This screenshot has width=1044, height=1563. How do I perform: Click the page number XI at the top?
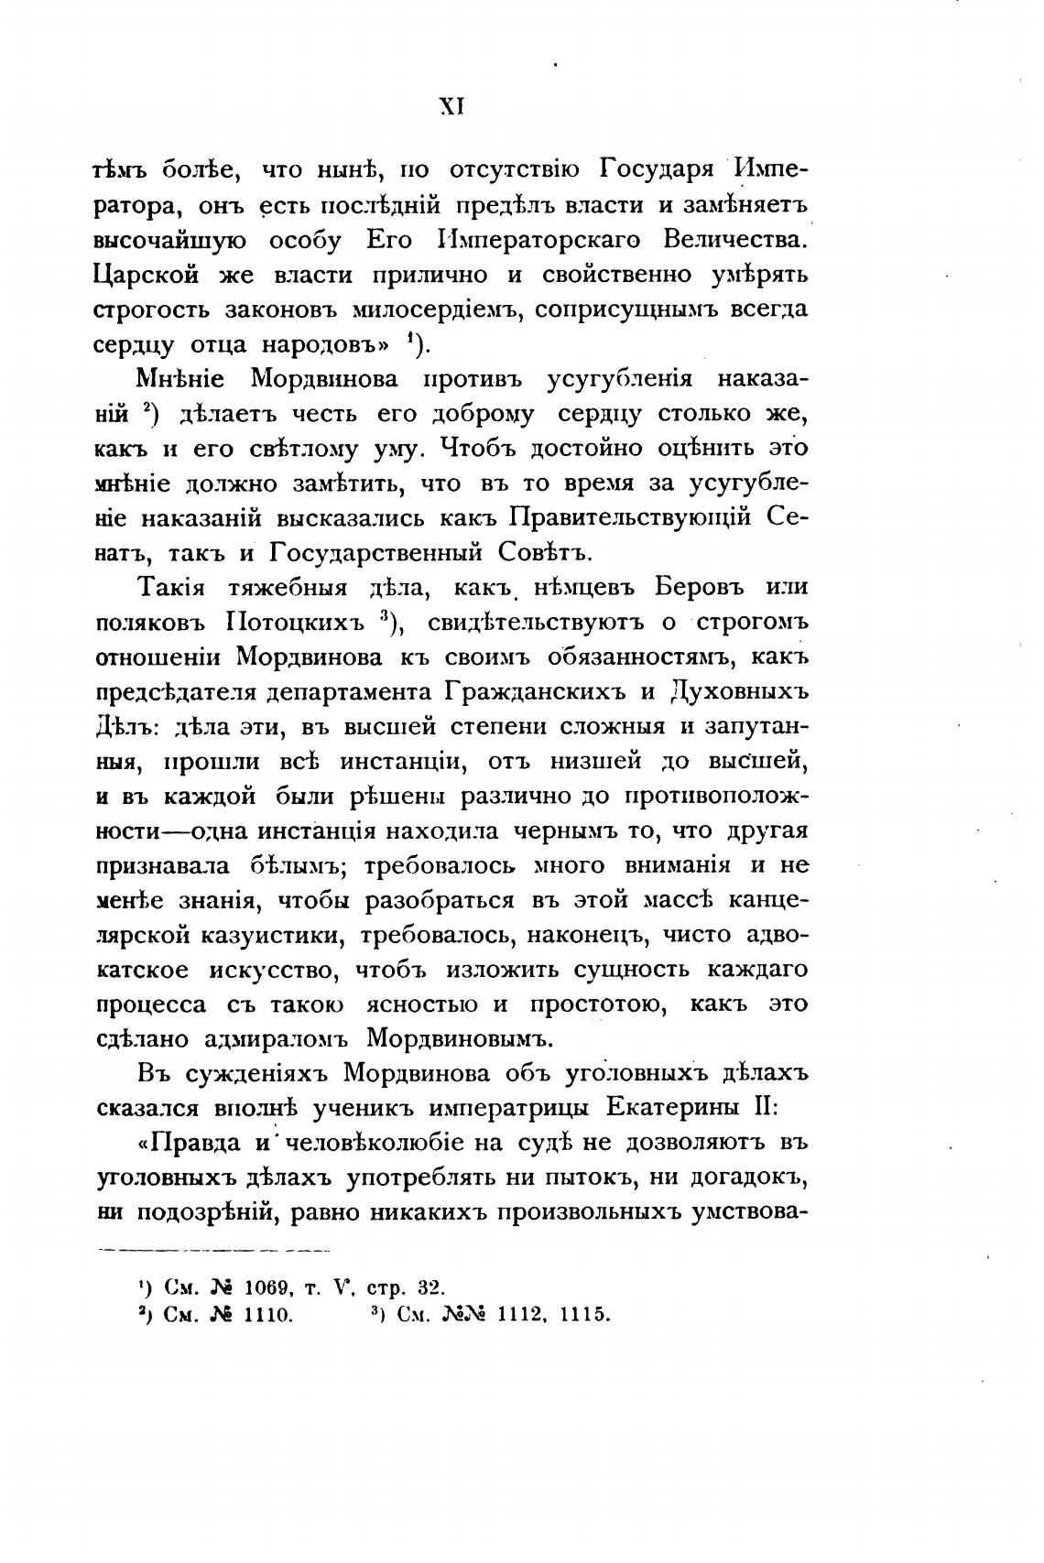(x=453, y=106)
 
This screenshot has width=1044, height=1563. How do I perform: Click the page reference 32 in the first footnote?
(x=430, y=1287)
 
